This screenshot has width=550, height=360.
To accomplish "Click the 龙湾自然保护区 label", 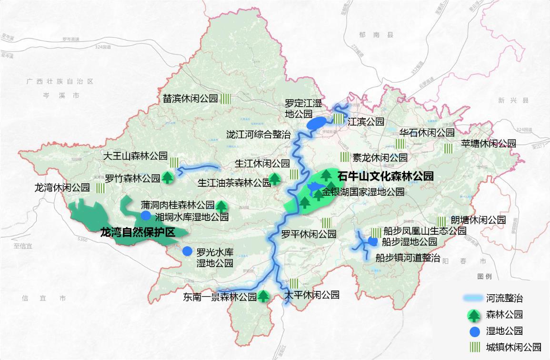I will [138, 232].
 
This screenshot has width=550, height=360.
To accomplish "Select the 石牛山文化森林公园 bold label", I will [385, 176].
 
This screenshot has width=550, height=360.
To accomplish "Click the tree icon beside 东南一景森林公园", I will [264, 297].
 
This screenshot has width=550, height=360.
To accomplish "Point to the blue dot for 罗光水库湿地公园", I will [187, 251].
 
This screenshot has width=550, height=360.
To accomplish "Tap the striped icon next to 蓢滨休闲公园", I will [226, 99].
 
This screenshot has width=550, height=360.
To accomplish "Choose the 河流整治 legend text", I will [504, 299].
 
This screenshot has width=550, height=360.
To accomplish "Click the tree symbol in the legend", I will [474, 315].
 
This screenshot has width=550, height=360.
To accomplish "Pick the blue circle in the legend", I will [474, 331].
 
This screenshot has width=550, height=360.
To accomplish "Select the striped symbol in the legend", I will [474, 347].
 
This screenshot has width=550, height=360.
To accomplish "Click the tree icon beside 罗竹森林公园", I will [167, 178].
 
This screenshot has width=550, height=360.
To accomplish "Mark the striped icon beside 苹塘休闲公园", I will [448, 149].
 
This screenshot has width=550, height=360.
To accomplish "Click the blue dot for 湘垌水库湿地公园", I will [146, 217].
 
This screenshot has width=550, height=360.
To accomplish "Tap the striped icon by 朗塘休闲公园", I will [441, 221].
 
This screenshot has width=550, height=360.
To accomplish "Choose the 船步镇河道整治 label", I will [408, 258].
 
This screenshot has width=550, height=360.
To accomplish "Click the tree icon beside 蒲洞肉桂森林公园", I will [221, 206].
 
